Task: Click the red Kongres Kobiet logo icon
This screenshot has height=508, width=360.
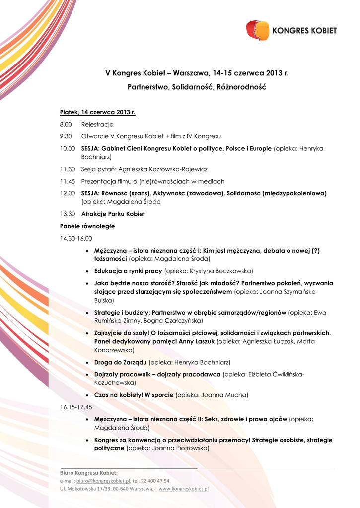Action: click(x=257, y=30)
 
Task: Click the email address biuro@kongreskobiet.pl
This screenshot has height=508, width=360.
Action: click(x=103, y=481)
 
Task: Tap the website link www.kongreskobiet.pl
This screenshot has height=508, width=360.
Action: click(x=183, y=489)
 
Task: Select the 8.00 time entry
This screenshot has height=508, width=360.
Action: click(x=66, y=124)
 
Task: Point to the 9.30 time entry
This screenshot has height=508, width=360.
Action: click(x=66, y=136)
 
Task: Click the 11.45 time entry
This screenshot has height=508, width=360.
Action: click(x=68, y=181)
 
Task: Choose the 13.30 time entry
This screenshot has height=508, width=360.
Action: click(x=68, y=214)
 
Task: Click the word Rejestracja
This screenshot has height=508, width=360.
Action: click(x=97, y=124)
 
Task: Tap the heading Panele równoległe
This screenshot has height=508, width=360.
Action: click(x=87, y=226)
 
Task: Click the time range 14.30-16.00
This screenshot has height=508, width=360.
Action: click(x=76, y=238)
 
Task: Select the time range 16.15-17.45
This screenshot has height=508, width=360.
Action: click(x=76, y=407)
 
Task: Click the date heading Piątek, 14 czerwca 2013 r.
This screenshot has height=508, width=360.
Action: click(x=98, y=112)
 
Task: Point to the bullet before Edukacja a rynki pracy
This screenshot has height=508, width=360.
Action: click(x=87, y=271)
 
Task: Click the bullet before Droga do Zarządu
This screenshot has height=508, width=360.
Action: click(x=87, y=363)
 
